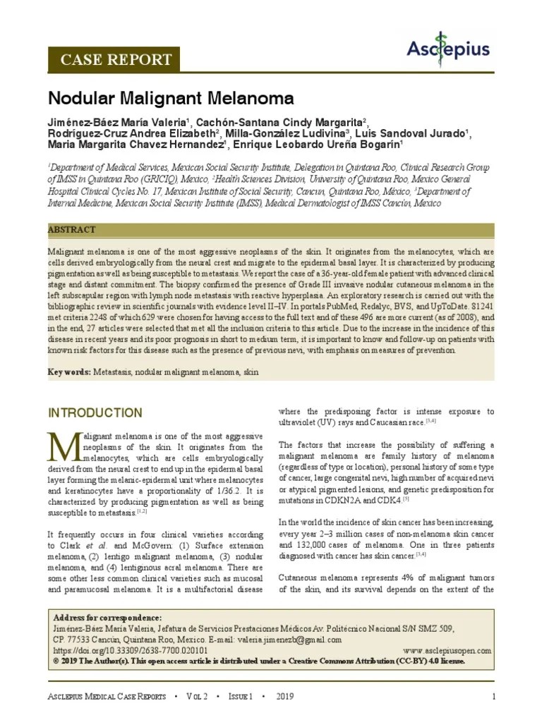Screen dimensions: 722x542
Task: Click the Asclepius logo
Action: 448,48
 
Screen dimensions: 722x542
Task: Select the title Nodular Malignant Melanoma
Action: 171,97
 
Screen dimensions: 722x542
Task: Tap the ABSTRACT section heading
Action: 71,231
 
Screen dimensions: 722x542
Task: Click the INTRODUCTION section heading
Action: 95,412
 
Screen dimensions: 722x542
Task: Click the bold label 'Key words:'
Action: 69,372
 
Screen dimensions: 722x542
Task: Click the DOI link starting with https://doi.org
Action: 131,650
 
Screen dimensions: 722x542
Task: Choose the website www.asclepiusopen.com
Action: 446,650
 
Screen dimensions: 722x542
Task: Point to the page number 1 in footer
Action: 494,697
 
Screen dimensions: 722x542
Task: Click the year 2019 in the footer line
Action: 285,697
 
